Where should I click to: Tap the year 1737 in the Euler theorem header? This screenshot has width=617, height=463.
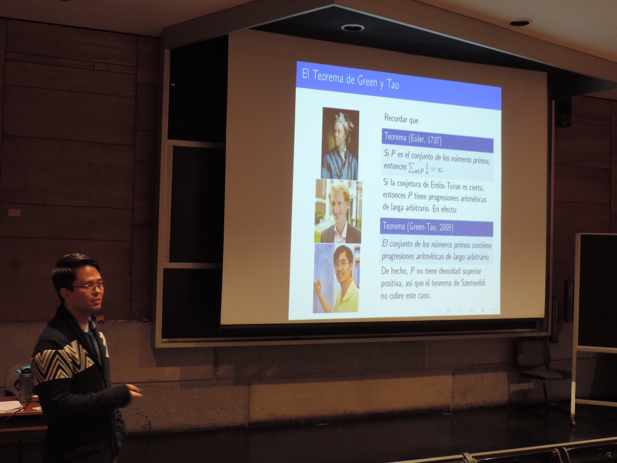point(434,140)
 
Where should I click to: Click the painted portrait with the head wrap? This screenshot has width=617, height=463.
point(340,144)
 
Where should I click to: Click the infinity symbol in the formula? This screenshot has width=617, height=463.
point(438,169)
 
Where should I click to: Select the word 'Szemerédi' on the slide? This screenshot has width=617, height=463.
point(473,283)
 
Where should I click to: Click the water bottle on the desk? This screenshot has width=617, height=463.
point(25,384)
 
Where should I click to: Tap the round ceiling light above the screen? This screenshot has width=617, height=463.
point(352,27)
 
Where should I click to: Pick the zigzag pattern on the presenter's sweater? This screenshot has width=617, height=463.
point(61,363)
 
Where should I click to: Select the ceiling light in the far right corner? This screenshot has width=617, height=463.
point(520,22)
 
